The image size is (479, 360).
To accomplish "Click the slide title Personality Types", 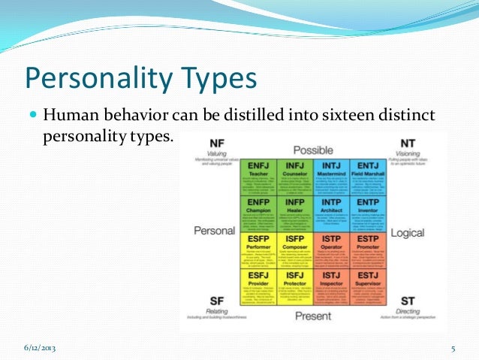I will [x=141, y=78].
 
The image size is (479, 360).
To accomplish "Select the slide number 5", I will [x=453, y=348].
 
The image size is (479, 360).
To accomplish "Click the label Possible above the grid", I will [x=314, y=150].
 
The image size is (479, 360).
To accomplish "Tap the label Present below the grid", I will [x=314, y=317].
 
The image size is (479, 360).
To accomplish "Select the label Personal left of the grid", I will [x=214, y=231].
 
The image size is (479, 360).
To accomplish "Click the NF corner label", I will [x=216, y=142].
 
